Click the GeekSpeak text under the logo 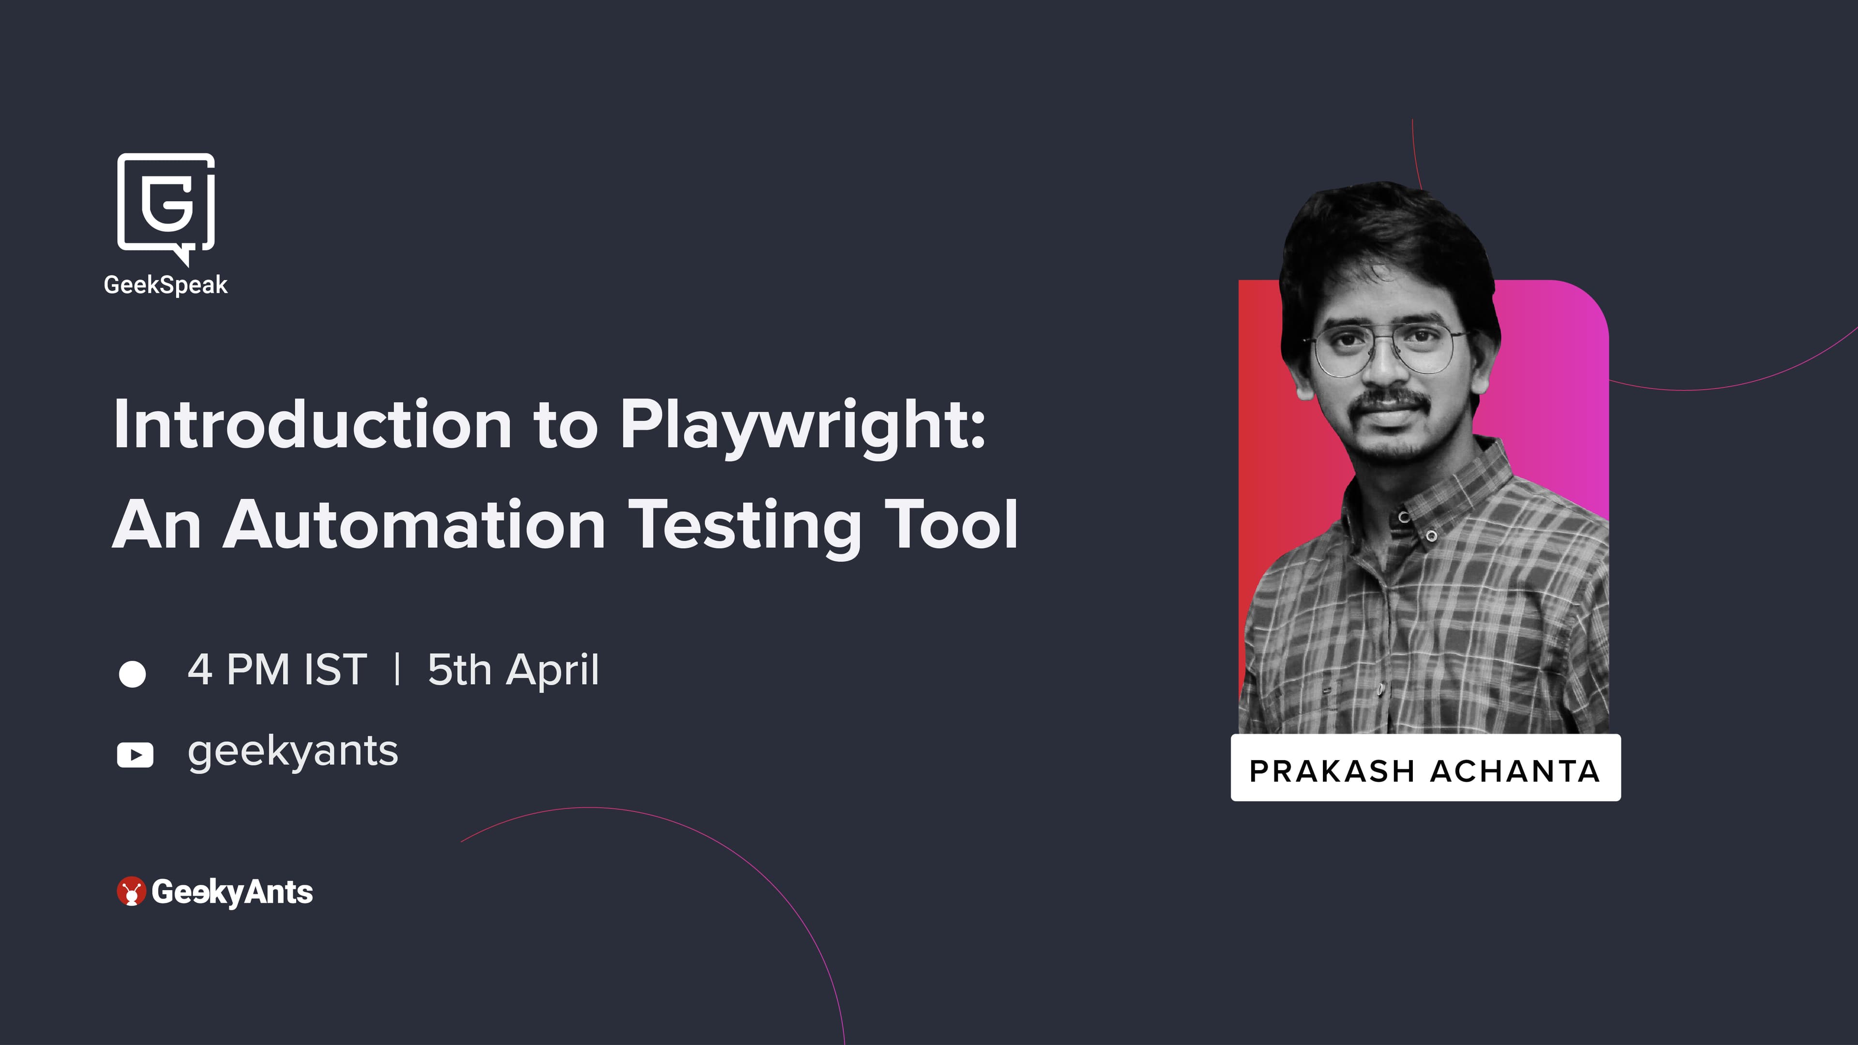click(x=166, y=285)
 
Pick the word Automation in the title click(x=414, y=525)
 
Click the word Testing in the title click(x=747, y=529)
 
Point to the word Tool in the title click(x=951, y=524)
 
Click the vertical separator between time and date click(x=397, y=669)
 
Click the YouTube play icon click(x=135, y=755)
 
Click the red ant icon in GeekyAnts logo click(x=131, y=891)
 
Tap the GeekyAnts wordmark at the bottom click(x=232, y=893)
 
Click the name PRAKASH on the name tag click(x=1332, y=771)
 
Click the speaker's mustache click(x=1391, y=400)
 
